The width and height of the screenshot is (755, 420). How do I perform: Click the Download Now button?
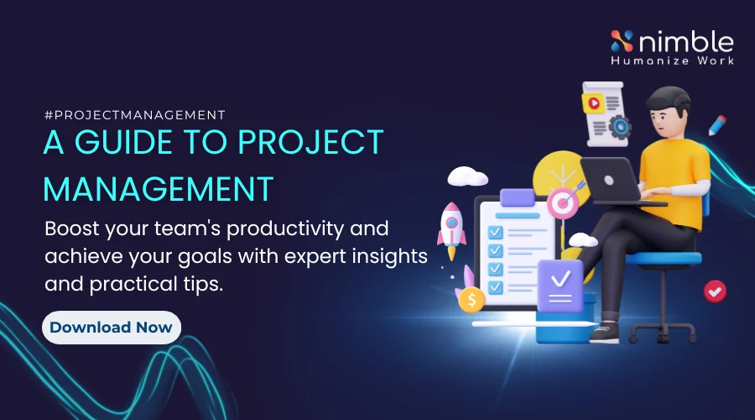point(111,327)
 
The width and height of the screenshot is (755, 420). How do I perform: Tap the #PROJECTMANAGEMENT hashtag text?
point(134,115)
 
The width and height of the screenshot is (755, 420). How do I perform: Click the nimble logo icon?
point(622,41)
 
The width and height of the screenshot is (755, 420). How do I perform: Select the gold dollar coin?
point(471,297)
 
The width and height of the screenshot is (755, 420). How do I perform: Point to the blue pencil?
point(716,127)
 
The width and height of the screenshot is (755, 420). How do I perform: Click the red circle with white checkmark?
point(715,291)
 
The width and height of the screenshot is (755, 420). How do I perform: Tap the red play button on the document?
point(594,104)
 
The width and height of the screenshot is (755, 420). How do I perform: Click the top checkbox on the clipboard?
point(496,230)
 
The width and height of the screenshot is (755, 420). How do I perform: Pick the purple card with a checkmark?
point(560,286)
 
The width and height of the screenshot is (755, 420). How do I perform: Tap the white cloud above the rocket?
point(467,176)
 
